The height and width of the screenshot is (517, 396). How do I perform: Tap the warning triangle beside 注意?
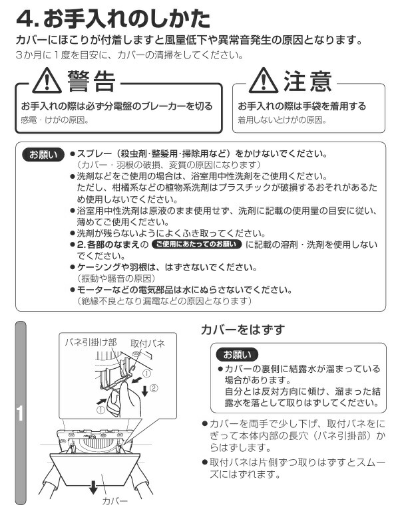263,82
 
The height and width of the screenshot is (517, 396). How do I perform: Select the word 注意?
307,82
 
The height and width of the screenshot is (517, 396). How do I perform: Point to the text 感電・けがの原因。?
55,120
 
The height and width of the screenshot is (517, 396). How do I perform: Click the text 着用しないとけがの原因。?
282,120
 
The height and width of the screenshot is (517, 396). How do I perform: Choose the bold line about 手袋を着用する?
301,106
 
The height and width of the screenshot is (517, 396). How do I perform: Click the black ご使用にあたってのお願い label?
196,245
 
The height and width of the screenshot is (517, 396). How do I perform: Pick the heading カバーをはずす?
242,330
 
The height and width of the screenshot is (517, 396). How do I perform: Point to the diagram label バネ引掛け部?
91,342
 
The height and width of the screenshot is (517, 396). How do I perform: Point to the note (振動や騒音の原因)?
117,278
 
